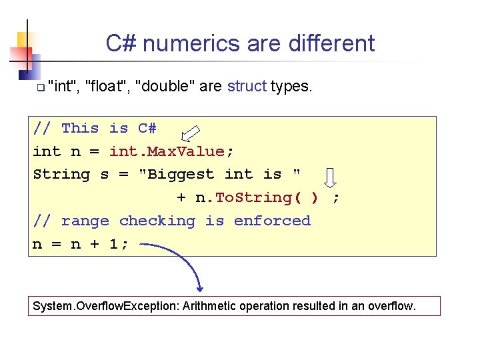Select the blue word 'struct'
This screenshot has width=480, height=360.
coord(247,87)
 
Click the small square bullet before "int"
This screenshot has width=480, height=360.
coord(40,88)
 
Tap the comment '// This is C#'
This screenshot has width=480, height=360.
coord(94,128)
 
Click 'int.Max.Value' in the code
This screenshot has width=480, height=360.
coord(171,151)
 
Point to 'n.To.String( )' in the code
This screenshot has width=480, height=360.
coord(257,198)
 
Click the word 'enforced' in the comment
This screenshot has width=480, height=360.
coord(272,221)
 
